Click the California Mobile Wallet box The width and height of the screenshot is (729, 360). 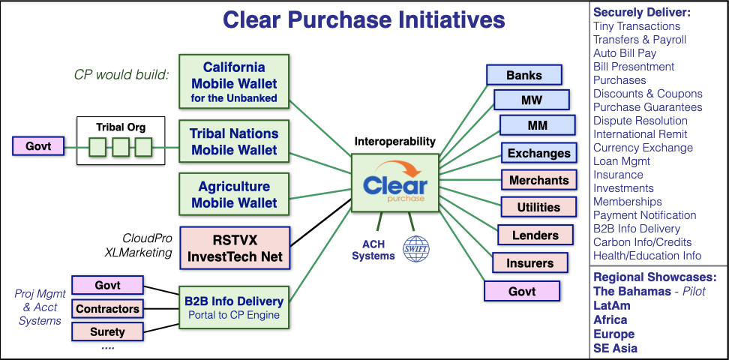point(234,82)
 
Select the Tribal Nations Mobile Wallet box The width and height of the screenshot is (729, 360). point(234,142)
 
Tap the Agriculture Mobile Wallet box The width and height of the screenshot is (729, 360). point(234,194)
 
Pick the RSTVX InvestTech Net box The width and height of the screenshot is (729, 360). point(234,248)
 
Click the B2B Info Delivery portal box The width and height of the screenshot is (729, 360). point(234,307)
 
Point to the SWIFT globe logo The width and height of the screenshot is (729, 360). point(416,249)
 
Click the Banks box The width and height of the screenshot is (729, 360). point(524,75)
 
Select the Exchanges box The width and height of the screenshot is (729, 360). point(538,153)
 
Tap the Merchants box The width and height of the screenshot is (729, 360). point(538,180)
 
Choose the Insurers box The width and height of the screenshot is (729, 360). point(530,262)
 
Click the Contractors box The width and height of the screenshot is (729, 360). point(107,309)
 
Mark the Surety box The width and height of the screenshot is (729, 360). point(107,331)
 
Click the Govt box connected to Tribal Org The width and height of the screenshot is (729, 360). point(38,146)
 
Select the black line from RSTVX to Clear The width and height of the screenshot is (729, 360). point(320,222)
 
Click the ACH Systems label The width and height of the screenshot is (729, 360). point(373,250)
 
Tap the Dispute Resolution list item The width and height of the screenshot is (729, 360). point(640,121)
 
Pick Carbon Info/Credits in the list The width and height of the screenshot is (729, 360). point(642,242)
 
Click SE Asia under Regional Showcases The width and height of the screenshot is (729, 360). point(616,348)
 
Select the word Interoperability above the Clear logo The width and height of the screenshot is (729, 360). point(395,142)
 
